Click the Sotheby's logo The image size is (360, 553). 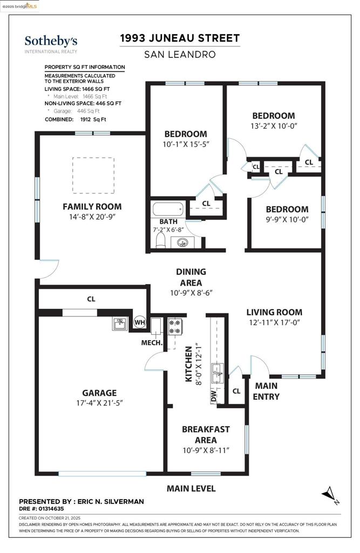[x=51, y=43]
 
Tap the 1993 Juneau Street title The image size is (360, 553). [x=180, y=38]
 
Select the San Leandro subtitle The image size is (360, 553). [x=180, y=55]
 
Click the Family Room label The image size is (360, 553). [x=92, y=206]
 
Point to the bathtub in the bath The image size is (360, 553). [x=168, y=210]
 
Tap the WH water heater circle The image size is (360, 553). [x=140, y=322]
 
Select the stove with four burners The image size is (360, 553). [x=176, y=325]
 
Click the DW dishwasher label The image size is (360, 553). [x=214, y=397]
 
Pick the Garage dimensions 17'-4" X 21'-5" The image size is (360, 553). [x=99, y=403]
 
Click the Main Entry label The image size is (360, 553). [x=266, y=391]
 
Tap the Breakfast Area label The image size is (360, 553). [x=206, y=434]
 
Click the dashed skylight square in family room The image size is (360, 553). [x=93, y=175]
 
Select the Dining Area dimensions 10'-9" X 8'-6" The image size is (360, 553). [x=191, y=293]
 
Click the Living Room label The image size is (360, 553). [x=274, y=312]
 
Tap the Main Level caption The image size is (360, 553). [x=191, y=488]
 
